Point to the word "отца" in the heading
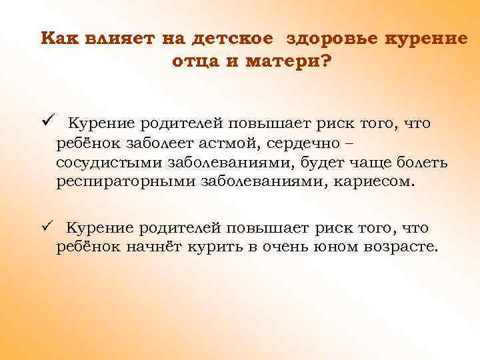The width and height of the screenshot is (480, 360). coord(192,62)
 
